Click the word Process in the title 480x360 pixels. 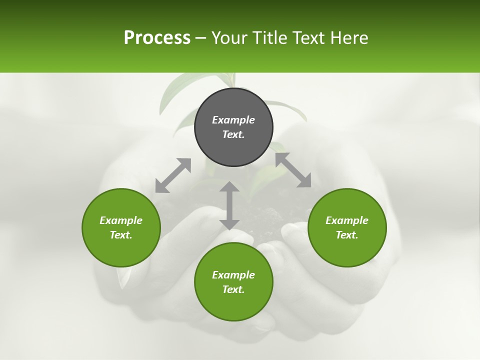[157, 38]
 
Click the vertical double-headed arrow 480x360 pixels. [229, 205]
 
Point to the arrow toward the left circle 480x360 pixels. [173, 175]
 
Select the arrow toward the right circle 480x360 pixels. [293, 170]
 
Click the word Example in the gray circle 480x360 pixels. [233, 120]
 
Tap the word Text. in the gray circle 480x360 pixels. [233, 134]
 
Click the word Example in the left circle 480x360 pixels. [121, 220]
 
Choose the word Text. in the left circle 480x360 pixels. [121, 235]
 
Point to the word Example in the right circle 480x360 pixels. [347, 220]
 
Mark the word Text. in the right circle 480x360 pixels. [347, 235]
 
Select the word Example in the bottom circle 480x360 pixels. [233, 275]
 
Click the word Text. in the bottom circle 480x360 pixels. [233, 289]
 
